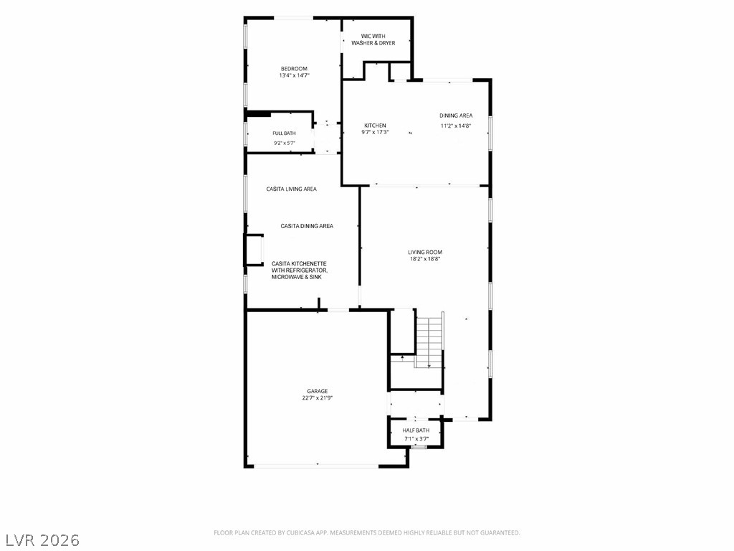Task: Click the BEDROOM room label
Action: coord(294,69)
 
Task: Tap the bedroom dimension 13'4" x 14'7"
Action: coord(295,75)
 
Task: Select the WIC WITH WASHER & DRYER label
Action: coord(373,39)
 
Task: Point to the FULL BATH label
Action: coord(284,133)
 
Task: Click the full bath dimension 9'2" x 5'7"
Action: coord(284,143)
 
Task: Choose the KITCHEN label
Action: coord(375,126)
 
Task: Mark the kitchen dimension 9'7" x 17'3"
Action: coord(375,132)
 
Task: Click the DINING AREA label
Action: coord(456,116)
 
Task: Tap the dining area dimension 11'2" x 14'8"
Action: coord(455,126)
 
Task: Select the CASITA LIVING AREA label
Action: coord(291,189)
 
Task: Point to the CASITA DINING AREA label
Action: coord(307,226)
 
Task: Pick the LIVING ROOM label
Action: coord(425,252)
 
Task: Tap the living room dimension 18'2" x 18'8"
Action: coord(425,258)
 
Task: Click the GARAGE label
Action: coord(318,391)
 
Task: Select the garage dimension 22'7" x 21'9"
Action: coord(318,398)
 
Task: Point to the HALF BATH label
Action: coord(416,430)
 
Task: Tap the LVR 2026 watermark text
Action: coord(40,540)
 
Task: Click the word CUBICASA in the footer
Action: coord(300,533)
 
